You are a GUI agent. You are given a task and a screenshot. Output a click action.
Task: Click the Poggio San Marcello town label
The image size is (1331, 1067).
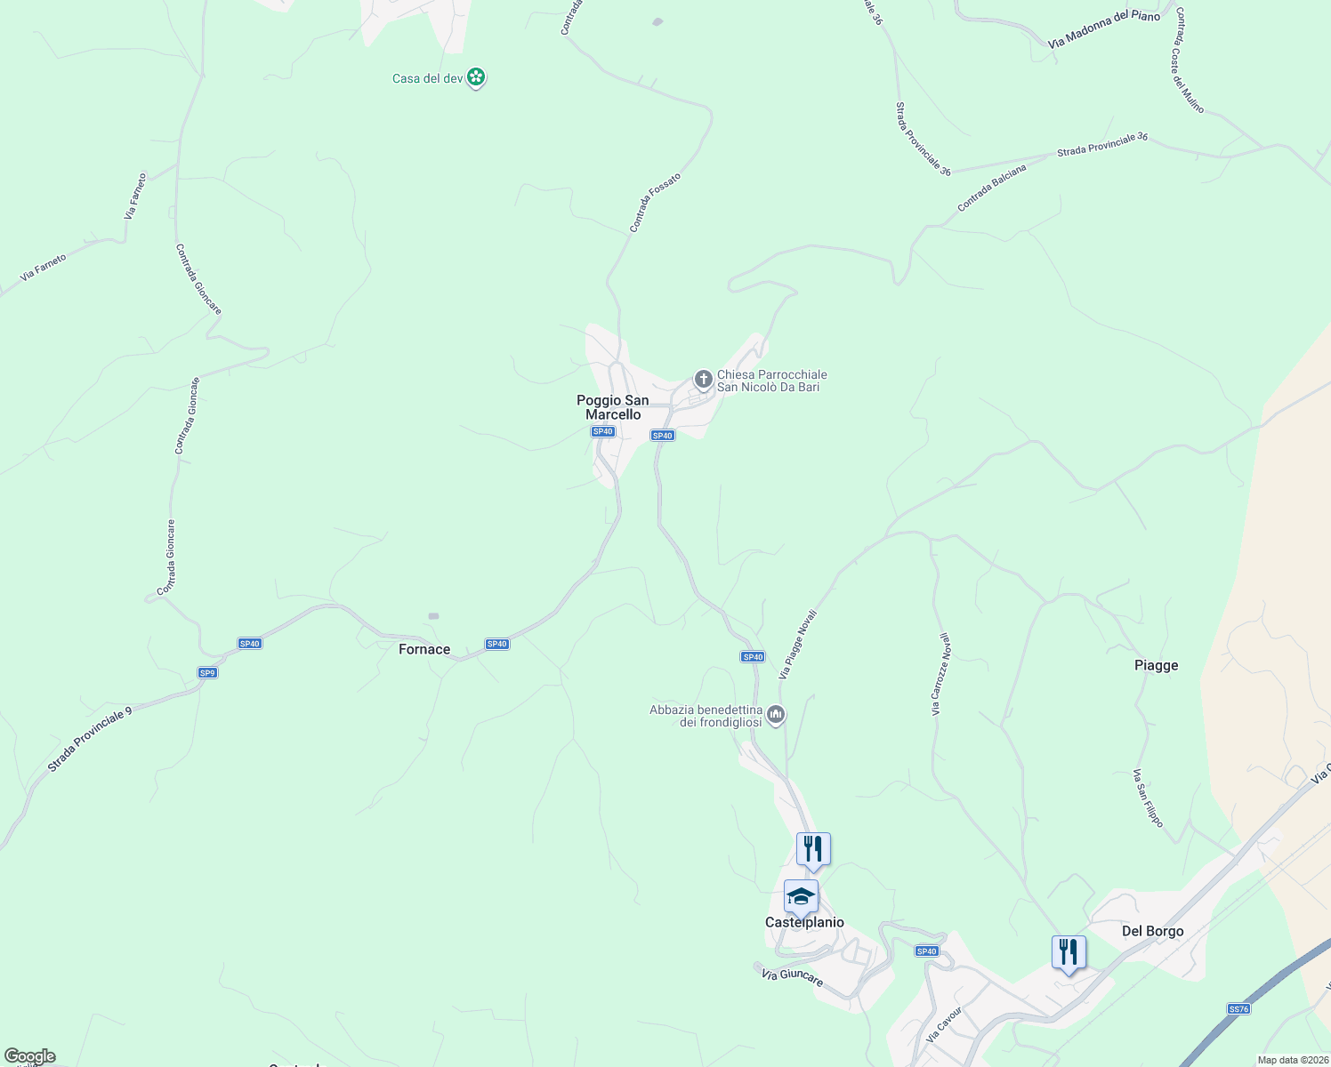(x=613, y=407)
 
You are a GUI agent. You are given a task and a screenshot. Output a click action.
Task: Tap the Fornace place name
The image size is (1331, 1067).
(x=424, y=650)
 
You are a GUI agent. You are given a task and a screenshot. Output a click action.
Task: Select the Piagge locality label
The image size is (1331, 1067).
(x=1156, y=665)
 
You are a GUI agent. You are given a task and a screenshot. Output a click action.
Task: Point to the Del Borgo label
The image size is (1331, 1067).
(x=1152, y=931)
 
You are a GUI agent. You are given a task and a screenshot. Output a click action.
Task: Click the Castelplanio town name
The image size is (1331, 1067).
(x=804, y=922)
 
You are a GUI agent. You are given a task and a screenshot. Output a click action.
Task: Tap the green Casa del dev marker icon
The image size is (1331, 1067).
(x=477, y=77)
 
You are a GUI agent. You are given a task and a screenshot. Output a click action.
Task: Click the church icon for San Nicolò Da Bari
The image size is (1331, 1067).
(x=703, y=381)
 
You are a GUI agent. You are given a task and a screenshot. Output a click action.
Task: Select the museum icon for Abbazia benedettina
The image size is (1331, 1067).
(x=776, y=715)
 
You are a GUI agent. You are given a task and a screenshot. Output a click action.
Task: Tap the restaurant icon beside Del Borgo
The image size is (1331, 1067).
(x=1069, y=952)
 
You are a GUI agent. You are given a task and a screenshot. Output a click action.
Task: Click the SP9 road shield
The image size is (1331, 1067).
(x=207, y=673)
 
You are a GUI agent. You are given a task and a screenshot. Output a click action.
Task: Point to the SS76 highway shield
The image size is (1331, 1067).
(x=1238, y=1008)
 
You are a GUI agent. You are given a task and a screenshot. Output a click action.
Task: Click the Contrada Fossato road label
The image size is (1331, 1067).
(x=655, y=203)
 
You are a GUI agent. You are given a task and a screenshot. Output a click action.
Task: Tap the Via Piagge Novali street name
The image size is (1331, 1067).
(x=797, y=645)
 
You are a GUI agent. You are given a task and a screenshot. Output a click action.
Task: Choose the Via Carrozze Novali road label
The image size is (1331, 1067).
(x=940, y=674)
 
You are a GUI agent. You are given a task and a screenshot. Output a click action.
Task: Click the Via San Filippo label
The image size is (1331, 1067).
(x=1148, y=798)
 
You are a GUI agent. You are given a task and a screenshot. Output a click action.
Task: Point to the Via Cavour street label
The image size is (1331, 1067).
(x=944, y=1024)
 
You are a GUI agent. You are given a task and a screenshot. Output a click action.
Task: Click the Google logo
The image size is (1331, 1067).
(x=29, y=1056)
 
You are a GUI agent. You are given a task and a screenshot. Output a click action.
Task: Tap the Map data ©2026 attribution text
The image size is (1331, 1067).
(x=1293, y=1060)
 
